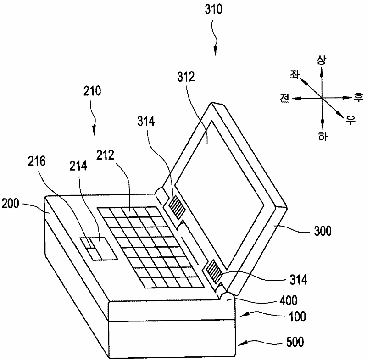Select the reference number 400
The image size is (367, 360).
click(288, 301)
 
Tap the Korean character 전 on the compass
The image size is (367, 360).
click(284, 98)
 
